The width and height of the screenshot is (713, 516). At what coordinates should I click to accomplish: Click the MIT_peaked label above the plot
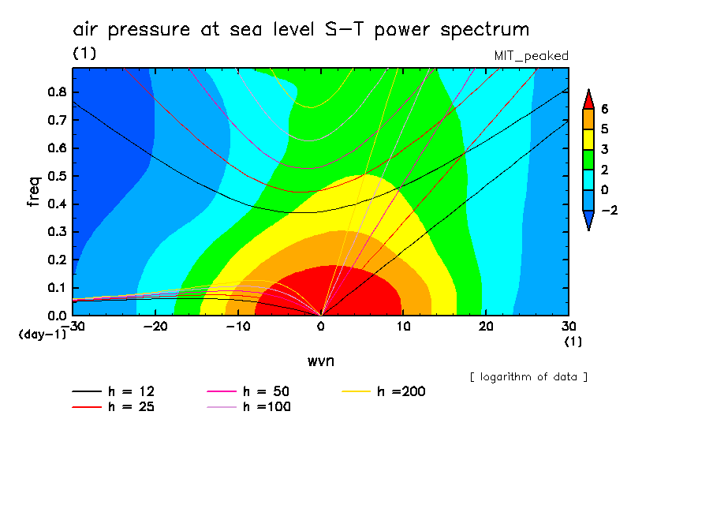pyautogui.click(x=531, y=56)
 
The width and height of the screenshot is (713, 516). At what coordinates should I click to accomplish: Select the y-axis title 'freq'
pyautogui.click(x=33, y=192)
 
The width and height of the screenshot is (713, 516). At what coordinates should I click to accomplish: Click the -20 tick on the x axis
pyautogui.click(x=155, y=326)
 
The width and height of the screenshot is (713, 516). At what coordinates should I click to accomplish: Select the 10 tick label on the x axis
pyautogui.click(x=403, y=326)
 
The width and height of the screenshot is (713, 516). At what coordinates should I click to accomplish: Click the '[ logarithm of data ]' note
pyautogui.click(x=528, y=377)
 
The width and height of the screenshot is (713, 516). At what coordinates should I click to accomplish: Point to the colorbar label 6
pyautogui.click(x=604, y=109)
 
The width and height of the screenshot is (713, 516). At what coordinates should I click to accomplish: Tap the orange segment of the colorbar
pyautogui.click(x=587, y=119)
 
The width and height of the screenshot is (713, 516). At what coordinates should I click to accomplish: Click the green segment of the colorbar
pyautogui.click(x=587, y=160)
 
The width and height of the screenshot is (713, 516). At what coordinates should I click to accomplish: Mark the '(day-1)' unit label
pyautogui.click(x=43, y=334)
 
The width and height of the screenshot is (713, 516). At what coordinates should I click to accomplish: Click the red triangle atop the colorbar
pyautogui.click(x=587, y=99)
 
